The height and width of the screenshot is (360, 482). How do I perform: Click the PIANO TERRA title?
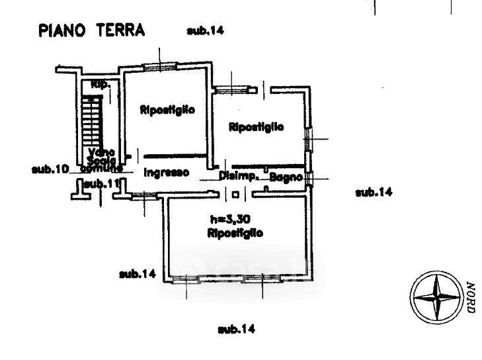point(93,30)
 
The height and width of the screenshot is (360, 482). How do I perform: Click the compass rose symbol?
point(436,297)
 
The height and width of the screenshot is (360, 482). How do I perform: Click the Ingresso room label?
point(167,173)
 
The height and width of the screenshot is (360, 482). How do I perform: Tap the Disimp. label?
point(238,176)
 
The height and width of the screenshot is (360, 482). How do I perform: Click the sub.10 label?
point(50,169)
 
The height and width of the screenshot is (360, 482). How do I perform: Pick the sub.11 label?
point(99,183)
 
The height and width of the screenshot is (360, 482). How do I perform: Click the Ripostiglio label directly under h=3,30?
point(235,233)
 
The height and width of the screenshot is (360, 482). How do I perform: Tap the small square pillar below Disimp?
point(237,194)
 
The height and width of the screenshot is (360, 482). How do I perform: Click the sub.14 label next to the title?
point(206,30)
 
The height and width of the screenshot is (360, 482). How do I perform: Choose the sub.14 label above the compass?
point(374,193)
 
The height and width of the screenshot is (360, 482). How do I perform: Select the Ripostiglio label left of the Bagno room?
point(256,127)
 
